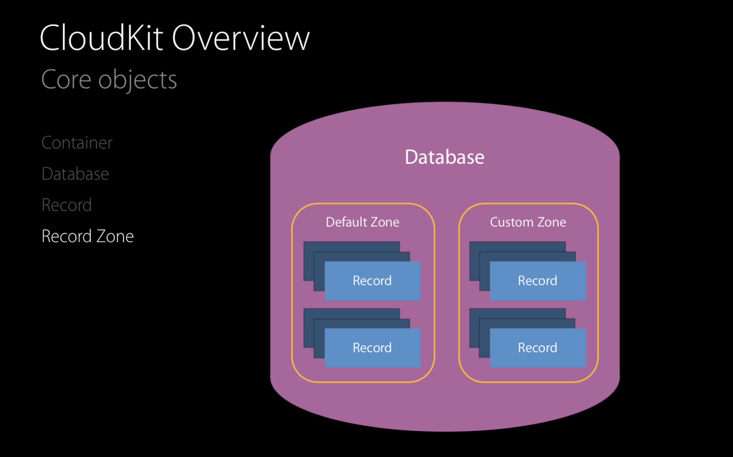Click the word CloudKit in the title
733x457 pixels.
[101, 38]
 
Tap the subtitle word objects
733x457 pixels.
[137, 80]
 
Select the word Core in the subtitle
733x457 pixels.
[66, 80]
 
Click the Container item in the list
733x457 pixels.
[77, 143]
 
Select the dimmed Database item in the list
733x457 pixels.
[75, 174]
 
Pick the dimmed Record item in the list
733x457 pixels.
[66, 205]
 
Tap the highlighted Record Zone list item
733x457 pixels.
[88, 236]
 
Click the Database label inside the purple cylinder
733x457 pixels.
[444, 157]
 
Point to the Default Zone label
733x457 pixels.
[362, 222]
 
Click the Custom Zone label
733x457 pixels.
[528, 222]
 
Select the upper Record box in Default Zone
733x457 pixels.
[372, 281]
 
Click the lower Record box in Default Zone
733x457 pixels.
[372, 347]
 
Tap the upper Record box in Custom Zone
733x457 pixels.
[537, 281]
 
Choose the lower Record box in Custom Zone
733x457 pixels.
[537, 347]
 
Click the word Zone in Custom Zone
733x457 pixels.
[552, 222]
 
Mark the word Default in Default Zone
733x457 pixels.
[346, 222]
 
